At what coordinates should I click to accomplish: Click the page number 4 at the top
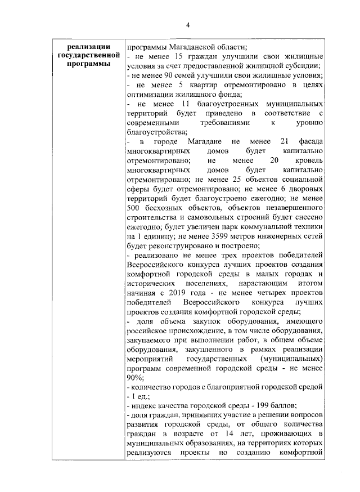(x=188, y=24)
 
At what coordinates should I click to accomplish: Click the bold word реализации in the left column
(x=90, y=47)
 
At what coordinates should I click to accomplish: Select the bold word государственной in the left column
(x=90, y=56)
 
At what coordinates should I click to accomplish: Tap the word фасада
(x=309, y=142)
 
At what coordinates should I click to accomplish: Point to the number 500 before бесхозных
(x=136, y=209)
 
